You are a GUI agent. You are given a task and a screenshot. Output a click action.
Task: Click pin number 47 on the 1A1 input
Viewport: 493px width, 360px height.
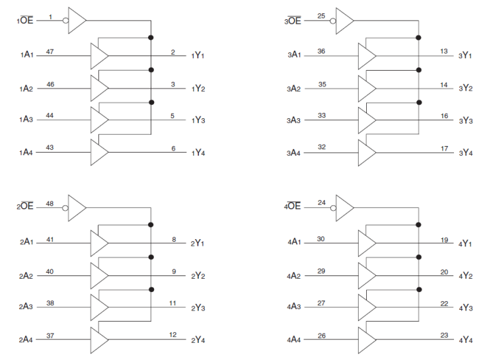(x=50, y=51)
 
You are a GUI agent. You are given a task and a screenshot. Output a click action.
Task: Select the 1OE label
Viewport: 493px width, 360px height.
(x=25, y=21)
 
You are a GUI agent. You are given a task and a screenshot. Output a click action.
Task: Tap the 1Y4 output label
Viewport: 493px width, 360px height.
(x=198, y=153)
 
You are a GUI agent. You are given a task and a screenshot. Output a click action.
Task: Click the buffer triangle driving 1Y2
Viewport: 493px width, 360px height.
(x=99, y=87)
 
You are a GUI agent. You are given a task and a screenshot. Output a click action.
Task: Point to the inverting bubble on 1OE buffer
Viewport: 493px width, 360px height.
(x=65, y=20)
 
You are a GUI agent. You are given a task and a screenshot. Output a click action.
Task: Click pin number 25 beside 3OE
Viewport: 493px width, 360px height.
(x=321, y=15)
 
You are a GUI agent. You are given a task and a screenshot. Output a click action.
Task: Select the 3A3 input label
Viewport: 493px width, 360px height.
(x=292, y=120)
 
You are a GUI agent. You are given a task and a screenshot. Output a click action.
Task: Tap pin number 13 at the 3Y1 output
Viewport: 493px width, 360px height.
(x=444, y=51)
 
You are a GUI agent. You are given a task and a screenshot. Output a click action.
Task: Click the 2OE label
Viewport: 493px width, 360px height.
(x=25, y=207)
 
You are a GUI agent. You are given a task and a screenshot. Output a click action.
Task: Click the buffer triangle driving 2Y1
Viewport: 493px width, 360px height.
(x=99, y=242)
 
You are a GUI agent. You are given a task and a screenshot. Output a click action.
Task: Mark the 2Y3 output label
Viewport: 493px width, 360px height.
(x=198, y=307)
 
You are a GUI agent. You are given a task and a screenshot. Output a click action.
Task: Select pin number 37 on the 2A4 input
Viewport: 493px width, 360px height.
(x=50, y=335)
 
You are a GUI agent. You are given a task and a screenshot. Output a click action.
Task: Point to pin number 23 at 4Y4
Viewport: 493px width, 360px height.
(x=444, y=335)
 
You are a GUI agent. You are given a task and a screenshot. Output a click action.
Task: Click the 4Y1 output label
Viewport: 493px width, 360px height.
(x=467, y=243)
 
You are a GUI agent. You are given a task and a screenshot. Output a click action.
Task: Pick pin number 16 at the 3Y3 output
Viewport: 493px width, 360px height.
(x=444, y=116)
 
